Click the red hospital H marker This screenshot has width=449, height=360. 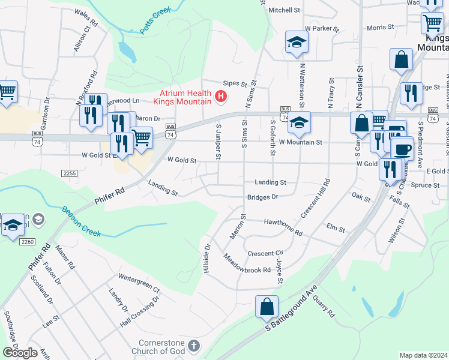click(x=221, y=95)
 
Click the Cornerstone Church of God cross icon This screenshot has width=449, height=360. click(x=193, y=345)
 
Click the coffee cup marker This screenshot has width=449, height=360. click(x=402, y=148)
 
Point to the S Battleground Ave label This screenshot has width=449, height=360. click(x=292, y=311)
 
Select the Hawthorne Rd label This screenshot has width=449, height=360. click(x=282, y=224)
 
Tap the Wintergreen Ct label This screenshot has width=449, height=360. click(x=139, y=280)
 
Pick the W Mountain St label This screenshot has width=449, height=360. click(x=301, y=142)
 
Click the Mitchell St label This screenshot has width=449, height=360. click(x=284, y=10)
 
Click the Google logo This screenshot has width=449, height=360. click(x=20, y=353)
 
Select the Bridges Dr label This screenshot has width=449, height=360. click(x=263, y=197)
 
